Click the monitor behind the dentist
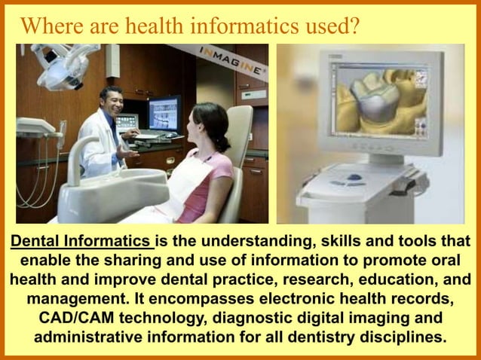coord(163,114)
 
